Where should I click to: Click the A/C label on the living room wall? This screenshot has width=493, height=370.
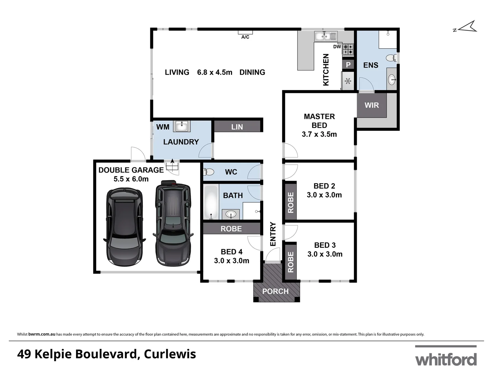pyautogui.click(x=245, y=37)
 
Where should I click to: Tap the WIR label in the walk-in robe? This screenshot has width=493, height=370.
pyautogui.click(x=371, y=105)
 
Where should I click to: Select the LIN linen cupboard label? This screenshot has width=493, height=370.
pyautogui.click(x=237, y=127)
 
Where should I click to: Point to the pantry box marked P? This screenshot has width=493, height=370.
pyautogui.click(x=348, y=64)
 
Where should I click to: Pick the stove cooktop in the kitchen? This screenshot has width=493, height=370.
pyautogui.click(x=348, y=49)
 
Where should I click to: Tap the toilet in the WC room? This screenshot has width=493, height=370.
pyautogui.click(x=208, y=172)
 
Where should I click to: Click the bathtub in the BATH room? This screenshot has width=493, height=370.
pyautogui.click(x=211, y=202)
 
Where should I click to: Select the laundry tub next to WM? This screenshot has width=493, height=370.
pyautogui.click(x=181, y=126)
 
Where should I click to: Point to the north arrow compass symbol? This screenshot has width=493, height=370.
pyautogui.click(x=466, y=27)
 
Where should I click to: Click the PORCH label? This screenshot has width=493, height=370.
pyautogui.click(x=275, y=292)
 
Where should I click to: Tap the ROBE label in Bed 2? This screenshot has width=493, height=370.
pyautogui.click(x=291, y=202)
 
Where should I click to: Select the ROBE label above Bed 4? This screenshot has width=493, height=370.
pyautogui.click(x=231, y=229)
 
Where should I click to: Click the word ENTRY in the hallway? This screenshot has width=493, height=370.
pyautogui.click(x=273, y=234)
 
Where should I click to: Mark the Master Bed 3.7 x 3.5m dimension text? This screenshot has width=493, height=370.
pyautogui.click(x=319, y=134)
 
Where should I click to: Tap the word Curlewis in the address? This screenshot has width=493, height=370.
pyautogui.click(x=170, y=354)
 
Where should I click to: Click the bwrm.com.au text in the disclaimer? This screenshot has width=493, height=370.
pyautogui.click(x=42, y=334)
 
